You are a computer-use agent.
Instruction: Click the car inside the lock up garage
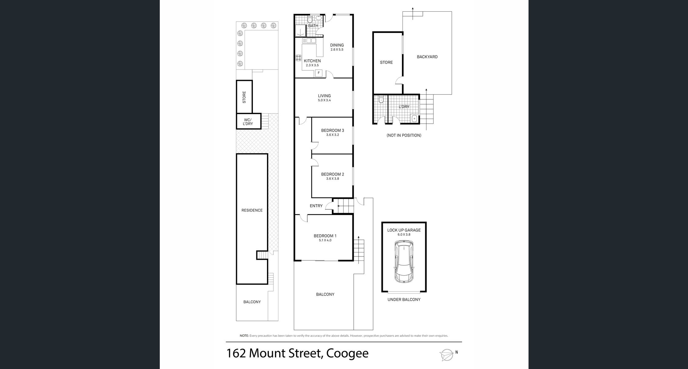click(404, 262)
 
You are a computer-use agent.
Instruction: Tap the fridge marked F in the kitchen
click(319, 73)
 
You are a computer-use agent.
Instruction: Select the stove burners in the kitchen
click(298, 58)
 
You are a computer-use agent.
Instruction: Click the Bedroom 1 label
click(325, 236)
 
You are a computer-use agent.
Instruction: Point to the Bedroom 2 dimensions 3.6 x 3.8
click(332, 179)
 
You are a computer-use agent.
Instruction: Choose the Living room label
click(324, 96)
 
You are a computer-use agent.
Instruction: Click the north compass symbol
click(447, 355)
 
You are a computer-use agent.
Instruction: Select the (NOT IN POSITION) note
click(404, 135)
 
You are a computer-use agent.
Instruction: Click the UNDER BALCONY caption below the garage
click(404, 300)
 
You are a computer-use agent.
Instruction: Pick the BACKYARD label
click(427, 57)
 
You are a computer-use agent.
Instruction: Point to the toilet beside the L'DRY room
click(381, 100)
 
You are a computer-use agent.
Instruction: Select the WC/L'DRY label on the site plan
click(248, 122)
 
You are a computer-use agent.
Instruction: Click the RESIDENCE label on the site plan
click(252, 210)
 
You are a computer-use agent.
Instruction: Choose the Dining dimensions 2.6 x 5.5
click(337, 50)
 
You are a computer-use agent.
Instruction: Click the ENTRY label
click(316, 206)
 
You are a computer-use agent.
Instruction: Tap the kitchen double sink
click(309, 41)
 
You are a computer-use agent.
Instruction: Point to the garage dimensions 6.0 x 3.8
click(404, 235)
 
